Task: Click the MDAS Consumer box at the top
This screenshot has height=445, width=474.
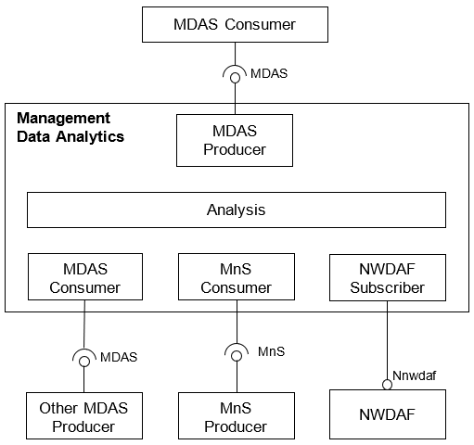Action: coord(235,25)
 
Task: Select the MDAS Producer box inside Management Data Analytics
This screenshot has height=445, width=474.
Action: coord(235,141)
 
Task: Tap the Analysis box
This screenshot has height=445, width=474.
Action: coord(237,210)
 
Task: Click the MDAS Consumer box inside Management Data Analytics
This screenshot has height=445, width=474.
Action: coord(85,277)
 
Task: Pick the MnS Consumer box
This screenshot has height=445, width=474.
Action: coord(237,277)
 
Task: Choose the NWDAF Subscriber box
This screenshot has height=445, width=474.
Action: coord(388,277)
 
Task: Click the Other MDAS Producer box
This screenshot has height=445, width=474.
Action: coord(84,416)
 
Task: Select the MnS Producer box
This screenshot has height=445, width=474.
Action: coord(237,416)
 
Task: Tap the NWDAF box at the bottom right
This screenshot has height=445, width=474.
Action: coord(388,414)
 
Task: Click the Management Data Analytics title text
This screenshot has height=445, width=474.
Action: coord(70,127)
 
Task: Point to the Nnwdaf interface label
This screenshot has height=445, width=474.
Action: coord(415,375)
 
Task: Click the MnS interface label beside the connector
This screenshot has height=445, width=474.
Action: coord(272,351)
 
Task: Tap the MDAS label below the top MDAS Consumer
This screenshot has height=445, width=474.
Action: coord(269,73)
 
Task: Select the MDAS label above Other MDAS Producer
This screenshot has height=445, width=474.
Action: coord(119,357)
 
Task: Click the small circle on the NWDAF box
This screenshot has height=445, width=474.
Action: coord(387,385)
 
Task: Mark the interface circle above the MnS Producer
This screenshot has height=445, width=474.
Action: coord(237,356)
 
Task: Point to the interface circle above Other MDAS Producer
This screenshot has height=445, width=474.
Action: coord(84,362)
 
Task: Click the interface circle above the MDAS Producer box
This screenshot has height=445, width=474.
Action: coord(235,78)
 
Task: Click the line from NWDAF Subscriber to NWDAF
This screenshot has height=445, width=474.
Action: coord(388,340)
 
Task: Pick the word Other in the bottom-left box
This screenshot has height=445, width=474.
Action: coord(58,408)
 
